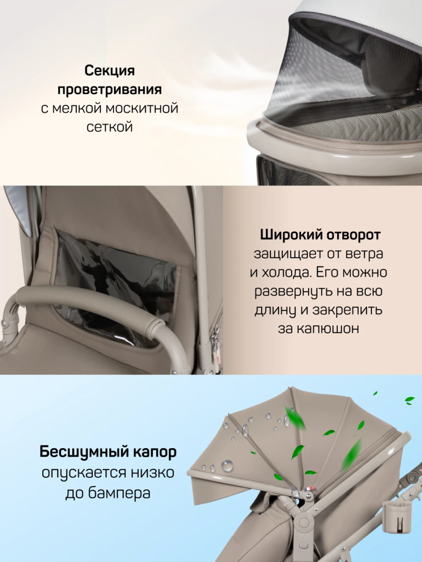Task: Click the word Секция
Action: point(109,71)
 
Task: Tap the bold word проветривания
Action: point(109,90)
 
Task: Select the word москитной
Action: point(142,108)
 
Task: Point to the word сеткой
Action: point(109,126)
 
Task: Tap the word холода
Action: point(286,272)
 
